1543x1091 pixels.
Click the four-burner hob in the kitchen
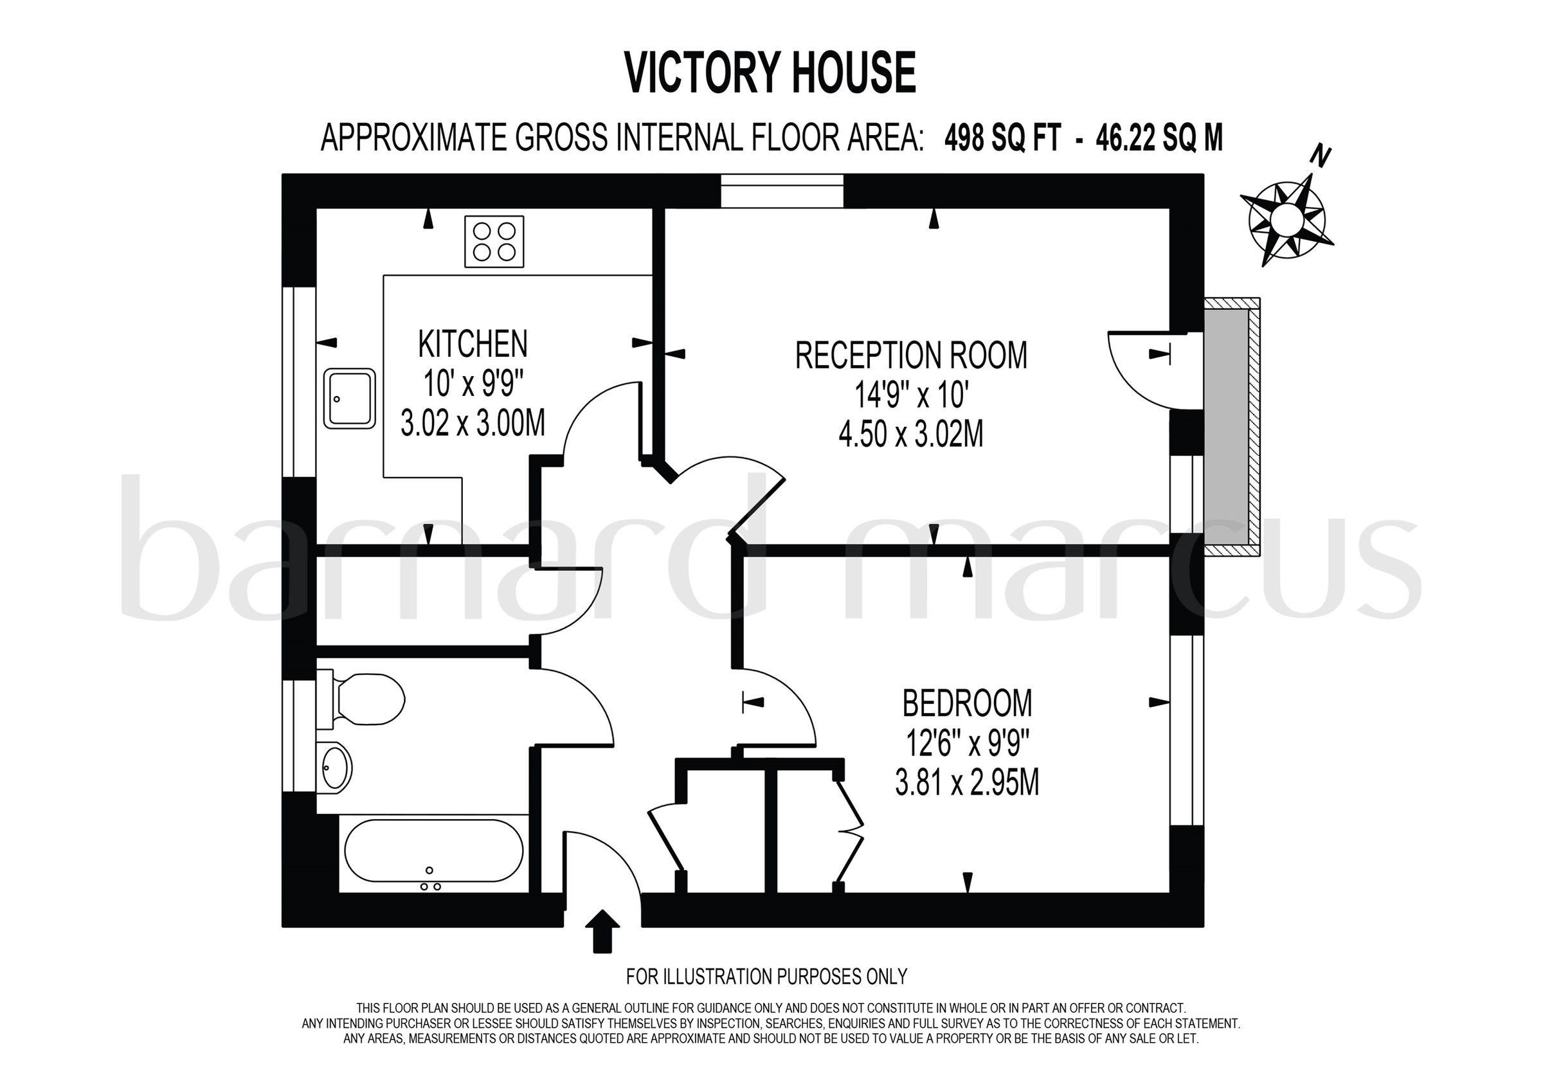pos(494,241)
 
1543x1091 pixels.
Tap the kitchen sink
pos(349,398)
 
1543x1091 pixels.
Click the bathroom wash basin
pos(336,767)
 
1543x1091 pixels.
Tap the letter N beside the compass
pos(1321,158)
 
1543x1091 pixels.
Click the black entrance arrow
pos(604,931)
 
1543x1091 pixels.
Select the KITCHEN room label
pos(473,344)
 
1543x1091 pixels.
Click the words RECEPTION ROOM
pos(910,356)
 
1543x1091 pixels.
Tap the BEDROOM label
pos(967,704)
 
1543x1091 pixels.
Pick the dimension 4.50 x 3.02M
pos(910,434)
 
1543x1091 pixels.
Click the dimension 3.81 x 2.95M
pos(967,783)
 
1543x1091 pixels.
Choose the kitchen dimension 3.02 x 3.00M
pos(473,424)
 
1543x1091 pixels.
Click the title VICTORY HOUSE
pos(771,73)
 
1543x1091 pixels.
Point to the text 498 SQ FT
pos(1003,138)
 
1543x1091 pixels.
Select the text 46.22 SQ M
pos(1159,138)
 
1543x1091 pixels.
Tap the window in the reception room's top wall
pos(781,191)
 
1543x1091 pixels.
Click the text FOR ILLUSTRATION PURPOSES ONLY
pos(766,976)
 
